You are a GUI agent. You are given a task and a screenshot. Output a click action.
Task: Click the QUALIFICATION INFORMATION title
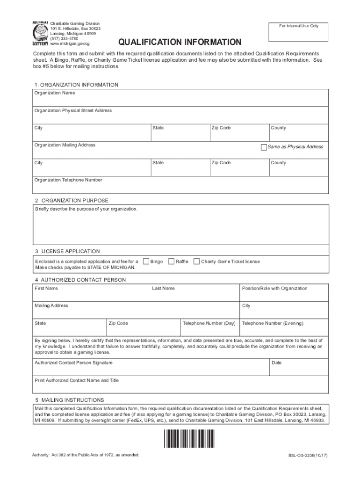(x=180, y=43)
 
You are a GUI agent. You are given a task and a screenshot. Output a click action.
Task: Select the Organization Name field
(x=180, y=98)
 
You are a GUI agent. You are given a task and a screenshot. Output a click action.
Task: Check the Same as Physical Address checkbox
(x=264, y=147)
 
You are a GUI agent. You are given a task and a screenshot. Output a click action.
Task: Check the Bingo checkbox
(x=146, y=261)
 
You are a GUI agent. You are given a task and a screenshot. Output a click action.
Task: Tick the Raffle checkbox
(x=171, y=261)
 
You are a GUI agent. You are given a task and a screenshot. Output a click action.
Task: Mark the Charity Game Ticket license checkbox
(x=196, y=261)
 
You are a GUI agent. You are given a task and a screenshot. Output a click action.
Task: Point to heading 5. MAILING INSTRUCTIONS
(x=69, y=400)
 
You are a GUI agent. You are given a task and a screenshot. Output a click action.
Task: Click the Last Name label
(x=163, y=289)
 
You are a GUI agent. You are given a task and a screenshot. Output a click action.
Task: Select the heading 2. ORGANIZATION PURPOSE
(x=71, y=200)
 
